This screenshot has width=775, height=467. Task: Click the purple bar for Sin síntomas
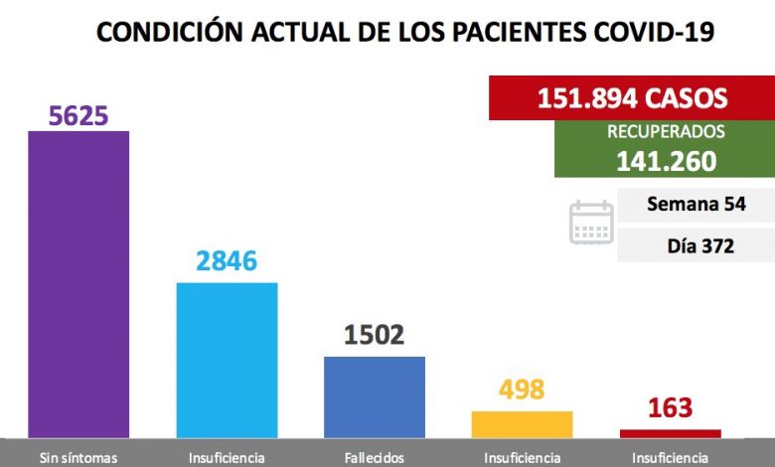(x=78, y=284)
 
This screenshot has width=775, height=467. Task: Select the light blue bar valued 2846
(x=227, y=361)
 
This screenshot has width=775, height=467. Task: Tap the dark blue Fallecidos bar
(x=375, y=397)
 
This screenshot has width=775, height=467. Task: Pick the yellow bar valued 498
(x=522, y=424)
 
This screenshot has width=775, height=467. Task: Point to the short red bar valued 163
(x=671, y=434)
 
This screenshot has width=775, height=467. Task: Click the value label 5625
(x=78, y=115)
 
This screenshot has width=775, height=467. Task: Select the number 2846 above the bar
(x=227, y=261)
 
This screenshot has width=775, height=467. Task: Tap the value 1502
(x=375, y=335)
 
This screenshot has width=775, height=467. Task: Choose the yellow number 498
(x=522, y=389)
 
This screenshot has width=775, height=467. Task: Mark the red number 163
(x=671, y=407)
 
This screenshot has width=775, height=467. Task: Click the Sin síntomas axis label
(x=78, y=458)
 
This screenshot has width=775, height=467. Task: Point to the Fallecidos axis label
(x=375, y=458)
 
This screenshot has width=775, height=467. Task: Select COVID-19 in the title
(x=655, y=32)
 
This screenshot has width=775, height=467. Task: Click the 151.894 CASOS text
(x=632, y=97)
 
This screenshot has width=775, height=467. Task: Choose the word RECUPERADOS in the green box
(x=666, y=131)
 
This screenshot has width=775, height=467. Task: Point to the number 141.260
(x=667, y=161)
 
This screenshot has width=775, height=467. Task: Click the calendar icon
(x=591, y=222)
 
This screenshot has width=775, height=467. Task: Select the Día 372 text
(x=700, y=246)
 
